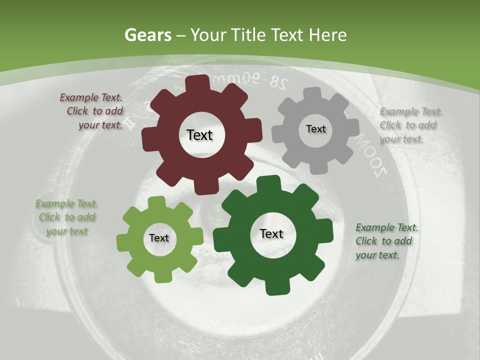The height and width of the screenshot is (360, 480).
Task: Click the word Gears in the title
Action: click(148, 35)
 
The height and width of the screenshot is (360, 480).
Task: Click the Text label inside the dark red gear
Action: click(199, 135)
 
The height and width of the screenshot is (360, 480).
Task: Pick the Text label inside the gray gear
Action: click(315, 129)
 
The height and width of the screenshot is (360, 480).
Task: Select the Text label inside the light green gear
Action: click(159, 238)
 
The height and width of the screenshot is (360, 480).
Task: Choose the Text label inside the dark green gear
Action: click(271, 233)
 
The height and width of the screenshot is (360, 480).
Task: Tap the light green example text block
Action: click(66, 217)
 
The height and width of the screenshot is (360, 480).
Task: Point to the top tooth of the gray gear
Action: click(313, 93)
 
